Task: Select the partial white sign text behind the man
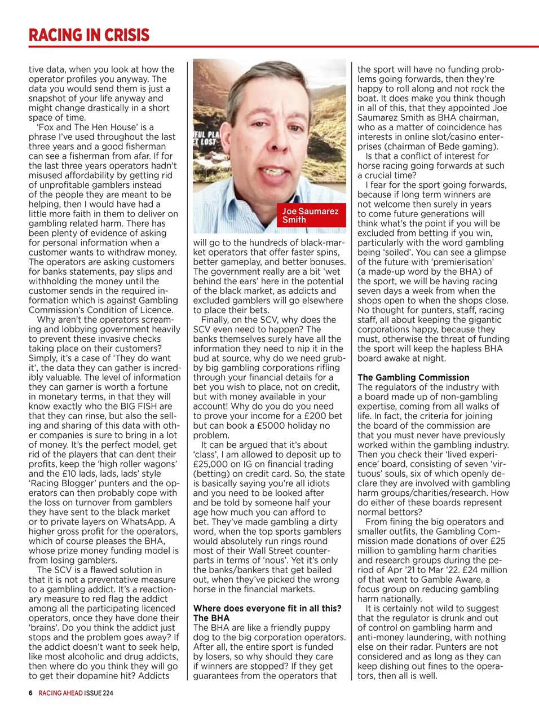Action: (205, 138)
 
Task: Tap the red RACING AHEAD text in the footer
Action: (60, 693)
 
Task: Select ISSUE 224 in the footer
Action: (99, 693)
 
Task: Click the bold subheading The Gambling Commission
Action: (413, 377)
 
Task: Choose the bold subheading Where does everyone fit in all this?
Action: (267, 608)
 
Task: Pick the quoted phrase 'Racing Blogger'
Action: (63, 483)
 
